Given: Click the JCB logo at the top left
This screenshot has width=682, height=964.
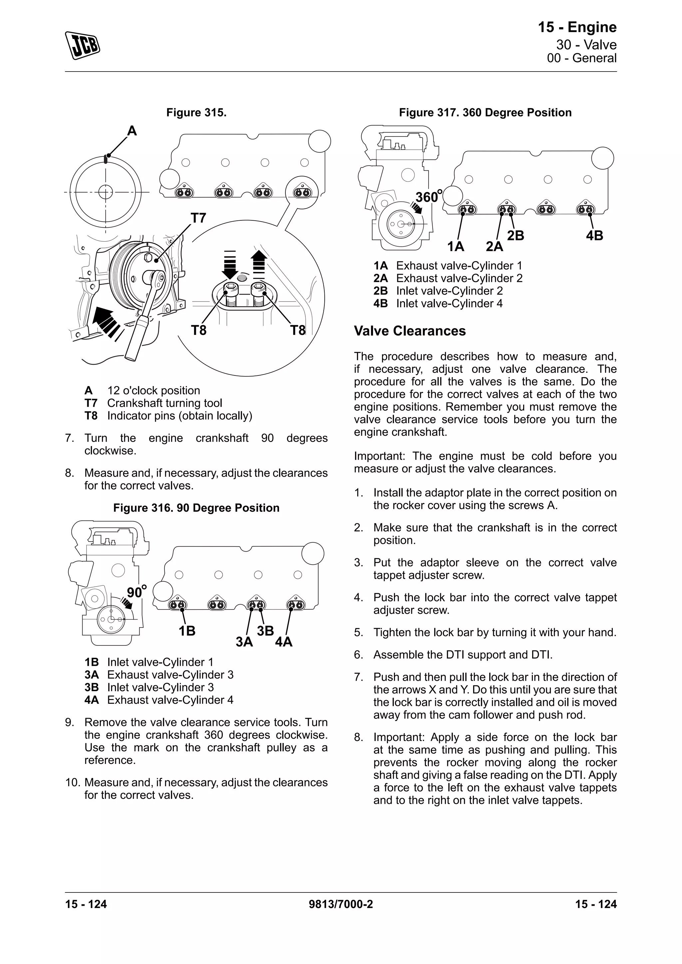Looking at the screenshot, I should pyautogui.click(x=82, y=45).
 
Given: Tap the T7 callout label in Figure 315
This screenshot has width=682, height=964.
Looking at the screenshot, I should pyautogui.click(x=198, y=218).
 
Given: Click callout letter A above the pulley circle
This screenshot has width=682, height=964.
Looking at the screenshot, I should pyautogui.click(x=132, y=131).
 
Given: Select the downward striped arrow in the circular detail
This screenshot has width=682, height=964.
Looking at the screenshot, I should pyautogui.click(x=230, y=265).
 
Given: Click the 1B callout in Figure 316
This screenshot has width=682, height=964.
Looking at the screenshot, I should pyautogui.click(x=187, y=631).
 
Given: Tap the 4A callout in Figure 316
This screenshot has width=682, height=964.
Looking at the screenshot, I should pyautogui.click(x=283, y=641).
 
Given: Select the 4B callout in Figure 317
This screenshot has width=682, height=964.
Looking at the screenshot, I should pyautogui.click(x=594, y=236).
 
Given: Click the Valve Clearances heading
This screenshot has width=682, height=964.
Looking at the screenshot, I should pyautogui.click(x=410, y=331).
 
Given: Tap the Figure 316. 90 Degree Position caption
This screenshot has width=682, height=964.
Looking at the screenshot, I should pyautogui.click(x=196, y=508).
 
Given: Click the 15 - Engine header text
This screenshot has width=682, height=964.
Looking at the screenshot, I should pyautogui.click(x=577, y=27).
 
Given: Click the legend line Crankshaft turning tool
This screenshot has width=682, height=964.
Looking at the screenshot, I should pyautogui.click(x=164, y=403).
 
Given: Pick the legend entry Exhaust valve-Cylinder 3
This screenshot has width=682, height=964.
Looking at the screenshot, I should pyautogui.click(x=170, y=675).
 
